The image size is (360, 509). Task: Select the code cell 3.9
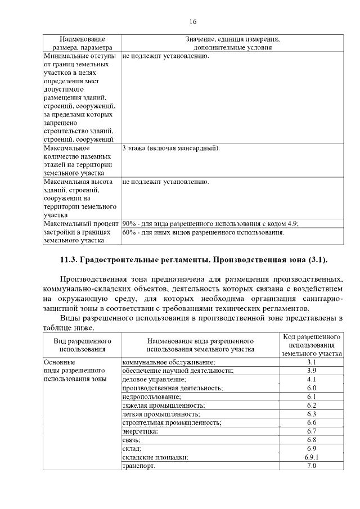pos(312,371)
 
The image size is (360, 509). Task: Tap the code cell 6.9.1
pos(312,457)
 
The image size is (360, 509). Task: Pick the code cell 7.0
pos(312,466)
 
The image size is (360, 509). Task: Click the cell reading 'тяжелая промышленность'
pos(163,405)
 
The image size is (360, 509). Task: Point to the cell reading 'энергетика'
pos(140,431)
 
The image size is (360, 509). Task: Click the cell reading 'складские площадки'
pos(155,457)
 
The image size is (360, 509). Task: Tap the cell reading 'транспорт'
pos(138,466)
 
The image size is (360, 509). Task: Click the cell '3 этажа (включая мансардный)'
pos(171,148)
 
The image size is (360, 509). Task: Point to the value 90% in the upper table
pos(129,223)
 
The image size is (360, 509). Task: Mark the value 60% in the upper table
pos(129,232)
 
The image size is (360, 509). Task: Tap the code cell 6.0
pos(312,388)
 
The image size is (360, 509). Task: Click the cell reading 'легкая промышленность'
pos(161,414)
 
